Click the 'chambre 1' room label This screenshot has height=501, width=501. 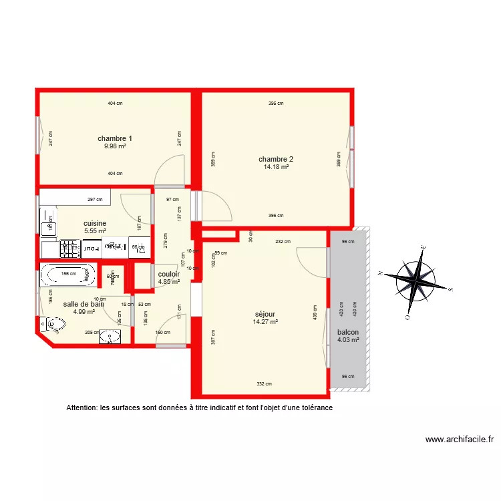pyautogui.click(x=115, y=139)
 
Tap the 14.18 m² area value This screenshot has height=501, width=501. pyautogui.click(x=276, y=167)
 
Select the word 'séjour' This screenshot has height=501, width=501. pyautogui.click(x=265, y=314)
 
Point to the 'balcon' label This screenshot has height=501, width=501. pyautogui.click(x=348, y=332)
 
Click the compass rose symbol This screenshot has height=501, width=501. pyautogui.click(x=415, y=279)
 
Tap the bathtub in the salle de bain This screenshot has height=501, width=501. pyautogui.click(x=68, y=274)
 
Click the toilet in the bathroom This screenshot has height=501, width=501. pyautogui.click(x=53, y=324)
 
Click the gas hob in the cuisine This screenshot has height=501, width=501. pyautogui.click(x=70, y=248)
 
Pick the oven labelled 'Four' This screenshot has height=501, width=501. pyautogui.click(x=93, y=248)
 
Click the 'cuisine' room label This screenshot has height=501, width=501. pyautogui.click(x=95, y=224)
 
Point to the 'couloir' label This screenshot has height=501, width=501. pyautogui.click(x=168, y=274)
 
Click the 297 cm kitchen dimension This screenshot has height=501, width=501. pyautogui.click(x=95, y=199)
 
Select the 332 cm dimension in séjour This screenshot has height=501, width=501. pyautogui.click(x=264, y=383)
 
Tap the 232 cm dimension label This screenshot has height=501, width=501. pyautogui.click(x=282, y=242)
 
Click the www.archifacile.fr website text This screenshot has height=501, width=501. pyautogui.click(x=460, y=440)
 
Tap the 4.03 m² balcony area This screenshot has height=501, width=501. pyautogui.click(x=348, y=340)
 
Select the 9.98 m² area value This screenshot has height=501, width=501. pyautogui.click(x=115, y=146)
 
